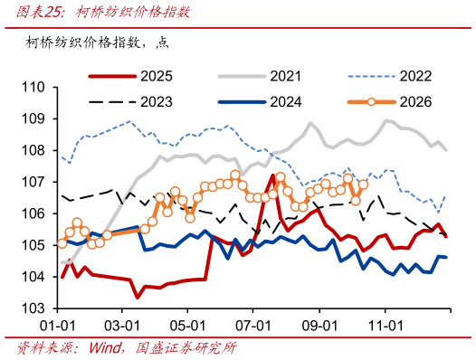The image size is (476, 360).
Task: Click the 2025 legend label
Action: point(157,76)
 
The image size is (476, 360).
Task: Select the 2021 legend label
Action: point(286,76)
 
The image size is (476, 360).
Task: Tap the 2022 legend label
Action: point(415,76)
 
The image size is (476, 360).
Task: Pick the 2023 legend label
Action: point(157,102)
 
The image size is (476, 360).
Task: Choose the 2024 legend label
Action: point(286,102)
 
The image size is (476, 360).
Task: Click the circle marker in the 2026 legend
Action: point(371,102)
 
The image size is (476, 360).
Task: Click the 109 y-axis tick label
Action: point(33,119)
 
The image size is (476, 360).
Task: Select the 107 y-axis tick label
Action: point(33,182)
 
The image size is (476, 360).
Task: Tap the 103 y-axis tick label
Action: point(33,308)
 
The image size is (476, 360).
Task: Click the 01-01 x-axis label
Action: point(57,326)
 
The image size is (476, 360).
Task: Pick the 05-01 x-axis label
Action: point(187,326)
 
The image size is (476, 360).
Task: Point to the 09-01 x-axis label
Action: point(319,326)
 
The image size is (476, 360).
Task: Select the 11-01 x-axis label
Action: point(386,326)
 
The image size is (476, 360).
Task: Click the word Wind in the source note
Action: point(104,348)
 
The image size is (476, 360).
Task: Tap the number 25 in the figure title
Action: point(52,13)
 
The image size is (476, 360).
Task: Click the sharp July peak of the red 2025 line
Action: point(272,175)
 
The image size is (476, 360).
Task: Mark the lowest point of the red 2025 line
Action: point(138,297)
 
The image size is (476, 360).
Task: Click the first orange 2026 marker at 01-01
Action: point(62,243)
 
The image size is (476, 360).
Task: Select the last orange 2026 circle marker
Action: point(363,185)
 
